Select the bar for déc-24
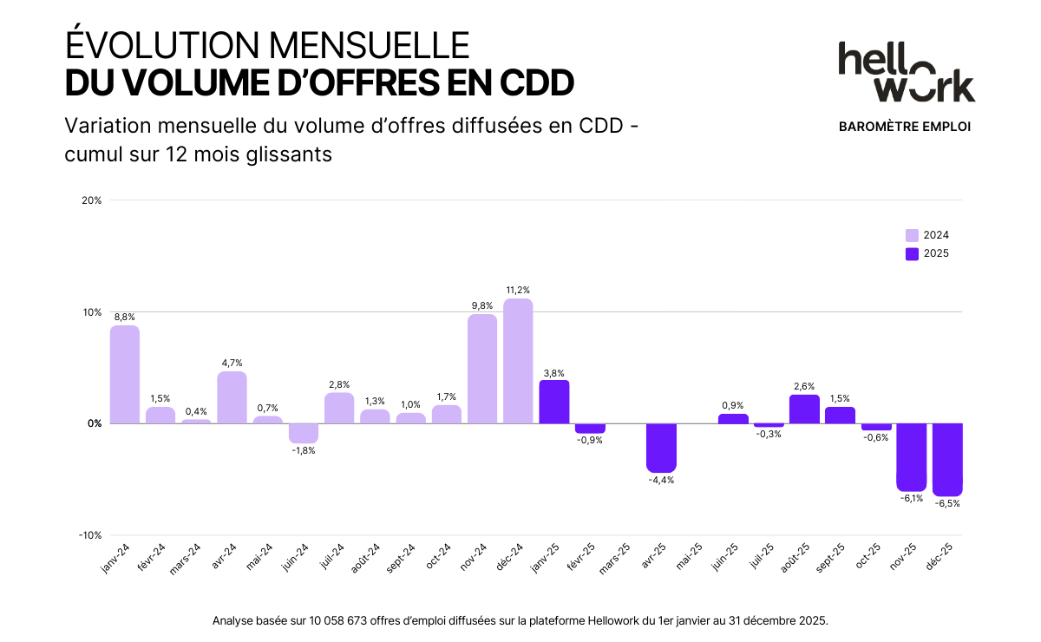(518, 361)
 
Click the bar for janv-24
(125, 375)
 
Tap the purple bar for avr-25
(661, 448)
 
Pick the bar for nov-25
(912, 457)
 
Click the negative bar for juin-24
(304, 433)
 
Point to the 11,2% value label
(518, 290)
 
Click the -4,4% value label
(661, 480)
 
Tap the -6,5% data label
(947, 503)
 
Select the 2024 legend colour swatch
(912, 235)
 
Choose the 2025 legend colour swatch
(912, 254)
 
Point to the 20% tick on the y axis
(92, 200)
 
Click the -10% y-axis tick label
(90, 535)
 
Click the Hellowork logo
(906, 71)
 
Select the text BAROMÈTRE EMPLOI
(905, 127)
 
